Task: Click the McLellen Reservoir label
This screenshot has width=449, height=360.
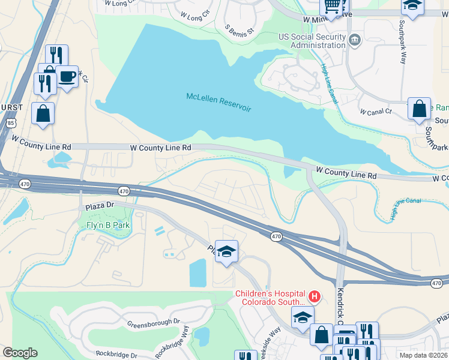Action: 218,102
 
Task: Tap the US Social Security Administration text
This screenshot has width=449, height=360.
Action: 312,41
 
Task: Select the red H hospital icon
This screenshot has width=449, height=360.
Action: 313,296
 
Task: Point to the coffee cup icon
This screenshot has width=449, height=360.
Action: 67,76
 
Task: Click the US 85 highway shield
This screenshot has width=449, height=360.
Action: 10,123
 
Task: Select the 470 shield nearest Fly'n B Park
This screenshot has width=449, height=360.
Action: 124,191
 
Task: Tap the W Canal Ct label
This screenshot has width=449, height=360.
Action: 375,112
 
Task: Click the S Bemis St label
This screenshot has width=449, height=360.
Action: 240,28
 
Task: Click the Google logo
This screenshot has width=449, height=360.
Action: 19,353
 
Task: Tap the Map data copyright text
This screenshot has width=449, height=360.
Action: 423,355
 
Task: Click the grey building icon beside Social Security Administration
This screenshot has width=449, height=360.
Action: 355,40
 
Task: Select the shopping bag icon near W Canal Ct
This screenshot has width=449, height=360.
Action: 419,109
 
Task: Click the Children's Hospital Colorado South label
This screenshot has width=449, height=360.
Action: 269,298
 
